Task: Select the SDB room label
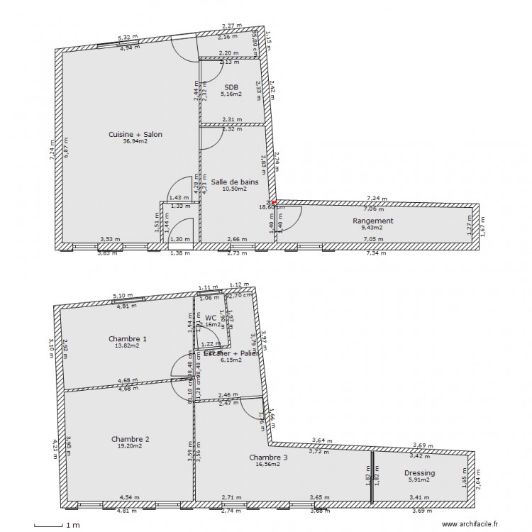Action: coord(231,87)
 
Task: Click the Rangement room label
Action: coord(372,221)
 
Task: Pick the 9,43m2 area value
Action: coord(372,228)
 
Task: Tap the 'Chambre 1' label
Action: coord(128,338)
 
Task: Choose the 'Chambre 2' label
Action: coord(131,439)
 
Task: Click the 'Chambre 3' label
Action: coord(269,458)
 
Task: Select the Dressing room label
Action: coord(420,472)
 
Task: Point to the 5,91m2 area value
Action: coord(420,480)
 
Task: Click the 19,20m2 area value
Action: coord(131,446)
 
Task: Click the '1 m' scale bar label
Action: coord(72,526)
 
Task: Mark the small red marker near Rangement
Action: coord(275,202)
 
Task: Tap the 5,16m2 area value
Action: coord(231,94)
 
